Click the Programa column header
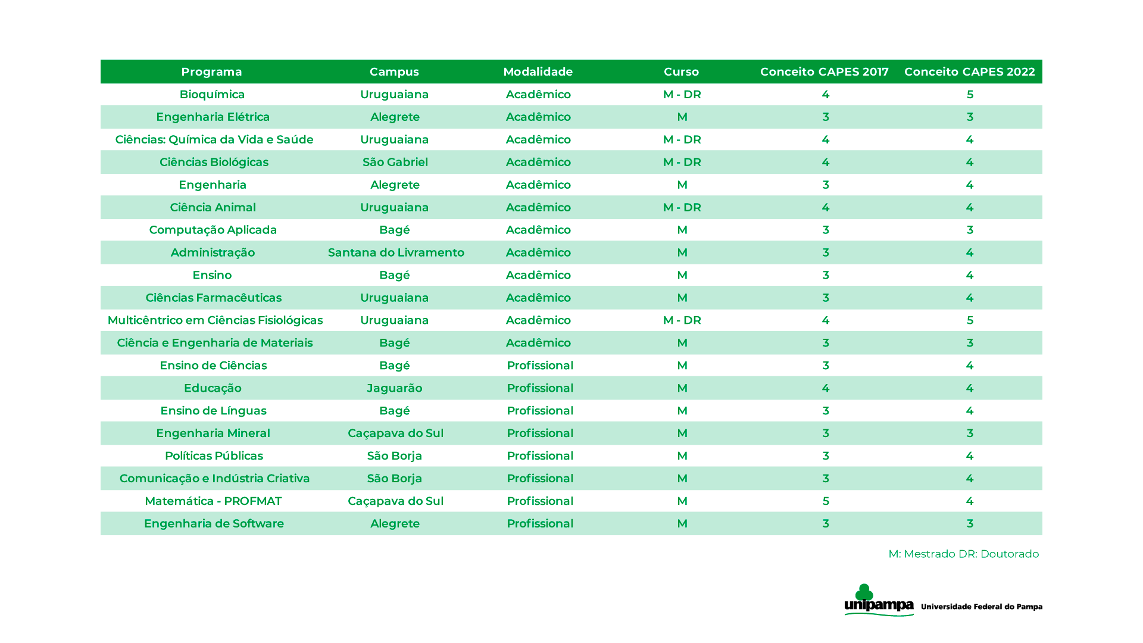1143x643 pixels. [x=211, y=72]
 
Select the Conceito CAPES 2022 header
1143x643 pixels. [x=969, y=72]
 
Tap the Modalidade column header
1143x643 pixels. [x=538, y=72]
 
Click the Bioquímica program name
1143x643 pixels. [x=212, y=95]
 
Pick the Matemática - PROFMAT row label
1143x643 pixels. [x=213, y=501]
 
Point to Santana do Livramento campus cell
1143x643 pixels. [x=396, y=252]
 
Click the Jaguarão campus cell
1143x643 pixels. [x=394, y=388]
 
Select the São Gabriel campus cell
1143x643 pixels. [x=395, y=163]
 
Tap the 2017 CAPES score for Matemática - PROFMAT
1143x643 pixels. [x=825, y=501]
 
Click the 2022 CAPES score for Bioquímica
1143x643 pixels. [x=970, y=95]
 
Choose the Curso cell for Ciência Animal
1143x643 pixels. [x=682, y=208]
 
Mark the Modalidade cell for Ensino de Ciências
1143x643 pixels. [x=539, y=366]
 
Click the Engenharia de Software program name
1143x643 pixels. [x=214, y=524]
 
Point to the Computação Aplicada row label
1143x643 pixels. [x=213, y=230]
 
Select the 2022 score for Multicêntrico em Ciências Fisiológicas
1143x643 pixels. [x=970, y=320]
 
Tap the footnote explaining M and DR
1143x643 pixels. [x=963, y=554]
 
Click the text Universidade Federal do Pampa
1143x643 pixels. [x=981, y=607]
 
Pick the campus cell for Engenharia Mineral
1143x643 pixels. [x=395, y=433]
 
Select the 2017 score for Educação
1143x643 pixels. [x=825, y=388]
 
